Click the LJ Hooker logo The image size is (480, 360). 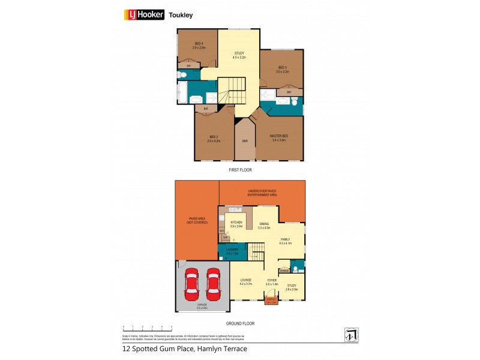pos(143,15)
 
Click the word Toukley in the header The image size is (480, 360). pos(181,16)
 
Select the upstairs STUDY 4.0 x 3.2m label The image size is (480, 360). pos(239,56)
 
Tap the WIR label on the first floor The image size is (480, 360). pos(245,141)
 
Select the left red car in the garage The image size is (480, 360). pos(193,286)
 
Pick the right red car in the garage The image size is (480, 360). pos(213,286)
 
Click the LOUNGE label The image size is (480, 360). pos(246,282)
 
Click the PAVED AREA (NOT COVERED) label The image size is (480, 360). pos(197,220)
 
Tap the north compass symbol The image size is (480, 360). pos(350,333)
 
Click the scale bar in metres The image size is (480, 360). pos(147,328)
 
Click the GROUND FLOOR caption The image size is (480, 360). pos(240,323)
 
